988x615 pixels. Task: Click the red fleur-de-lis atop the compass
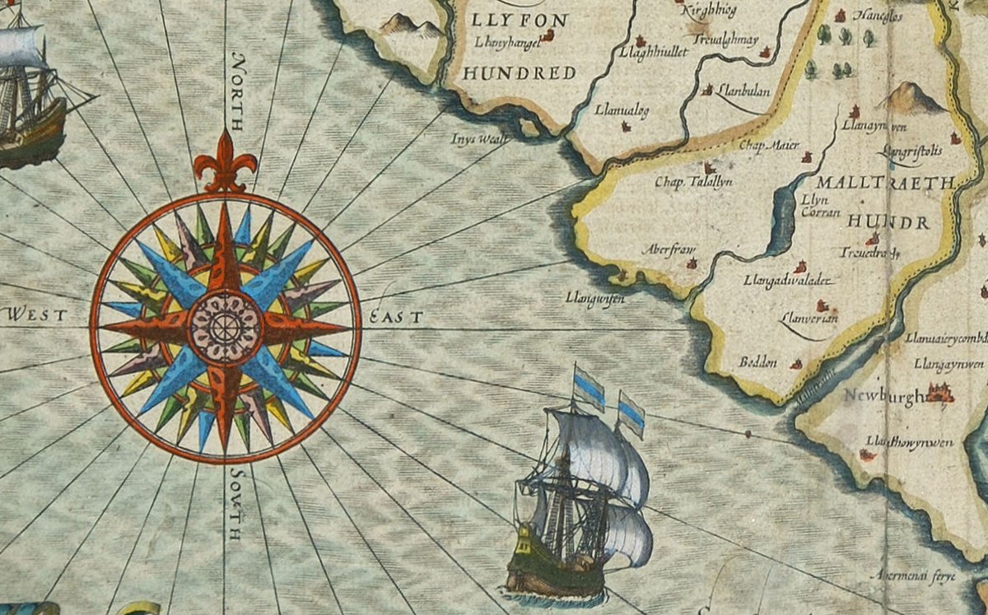(225, 164)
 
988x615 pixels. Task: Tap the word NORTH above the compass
(238, 91)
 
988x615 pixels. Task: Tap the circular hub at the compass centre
(225, 327)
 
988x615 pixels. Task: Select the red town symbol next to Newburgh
(939, 393)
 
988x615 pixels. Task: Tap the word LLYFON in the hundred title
(517, 18)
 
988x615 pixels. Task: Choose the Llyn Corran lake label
(820, 206)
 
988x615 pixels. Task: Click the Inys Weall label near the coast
(478, 138)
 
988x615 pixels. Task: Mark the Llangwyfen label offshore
(594, 298)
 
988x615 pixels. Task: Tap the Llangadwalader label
(789, 281)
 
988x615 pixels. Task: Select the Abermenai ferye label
(917, 575)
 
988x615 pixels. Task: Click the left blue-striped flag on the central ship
(590, 389)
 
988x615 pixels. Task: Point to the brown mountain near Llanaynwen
(911, 98)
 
